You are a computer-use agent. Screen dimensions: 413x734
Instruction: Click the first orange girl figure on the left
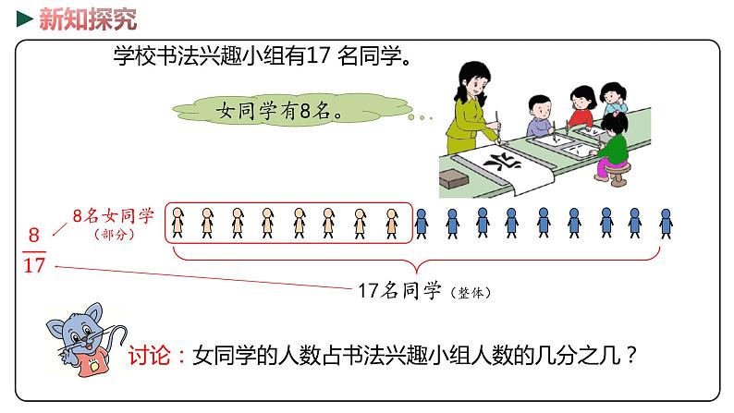point(177,223)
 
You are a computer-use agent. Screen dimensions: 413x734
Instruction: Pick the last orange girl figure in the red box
point(392,223)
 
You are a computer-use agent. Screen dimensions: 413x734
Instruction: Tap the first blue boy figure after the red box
point(422,223)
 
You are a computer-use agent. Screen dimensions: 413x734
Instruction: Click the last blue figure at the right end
point(666,223)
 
